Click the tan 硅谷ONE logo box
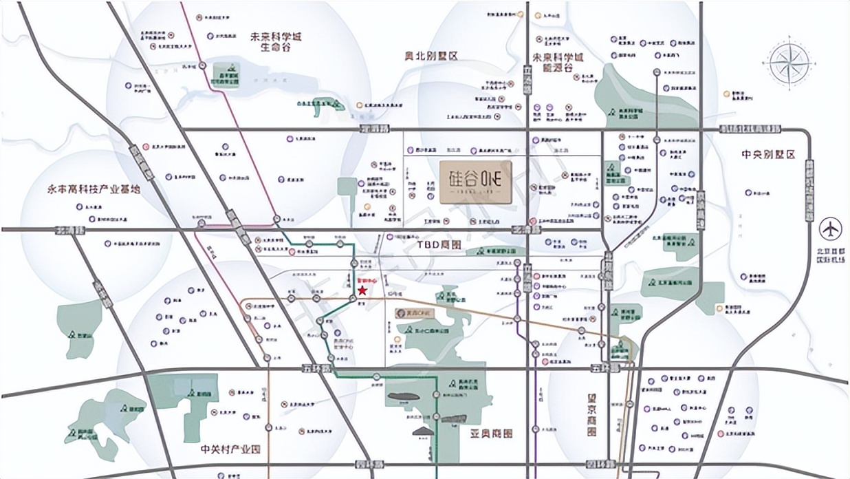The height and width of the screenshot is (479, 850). pos(474,182)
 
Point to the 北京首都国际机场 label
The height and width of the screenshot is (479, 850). pos(832,251)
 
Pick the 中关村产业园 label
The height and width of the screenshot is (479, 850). pos(232,450)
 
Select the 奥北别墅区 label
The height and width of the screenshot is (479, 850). pos(432,55)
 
